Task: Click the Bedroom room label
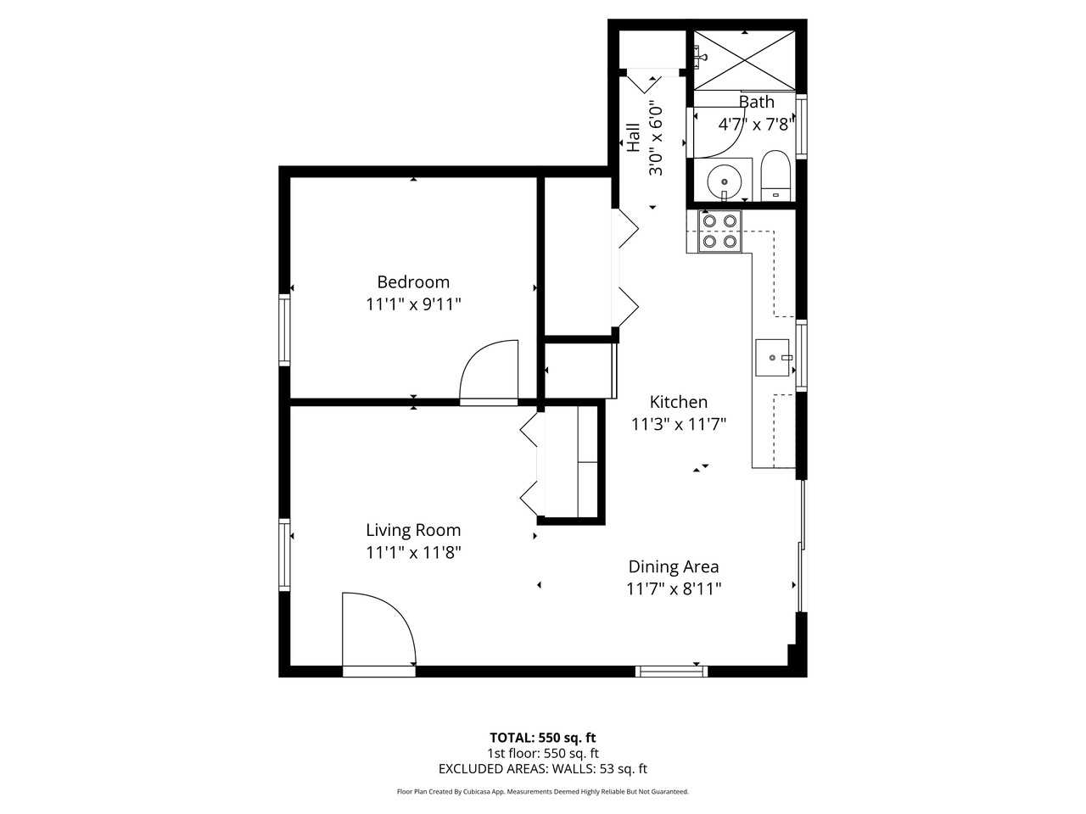413,282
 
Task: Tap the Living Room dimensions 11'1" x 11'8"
413,553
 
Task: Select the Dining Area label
673,567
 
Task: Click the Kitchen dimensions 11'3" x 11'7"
679,424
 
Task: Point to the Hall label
633,138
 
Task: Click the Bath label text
756,103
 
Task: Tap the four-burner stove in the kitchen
719,231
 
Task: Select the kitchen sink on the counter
773,358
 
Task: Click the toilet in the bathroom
775,175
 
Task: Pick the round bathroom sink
724,181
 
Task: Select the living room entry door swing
378,632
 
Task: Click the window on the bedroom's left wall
285,329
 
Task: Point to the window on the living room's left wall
285,555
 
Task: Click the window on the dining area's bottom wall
672,672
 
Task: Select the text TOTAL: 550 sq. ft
542,738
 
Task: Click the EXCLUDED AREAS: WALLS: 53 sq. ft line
542,769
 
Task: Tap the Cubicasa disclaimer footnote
542,792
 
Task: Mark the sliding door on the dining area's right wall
801,547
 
